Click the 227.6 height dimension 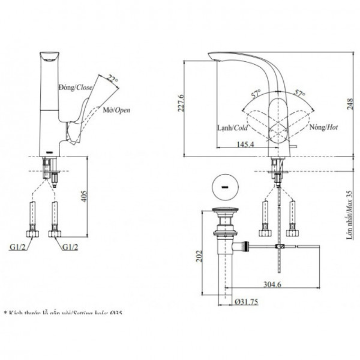[181, 103]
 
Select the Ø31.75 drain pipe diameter [246, 302]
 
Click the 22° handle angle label [113, 80]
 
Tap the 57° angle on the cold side [256, 94]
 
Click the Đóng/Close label [76, 87]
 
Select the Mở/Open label [117, 110]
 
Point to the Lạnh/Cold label [232, 127]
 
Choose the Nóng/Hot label [323, 127]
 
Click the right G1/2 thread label [70, 247]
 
